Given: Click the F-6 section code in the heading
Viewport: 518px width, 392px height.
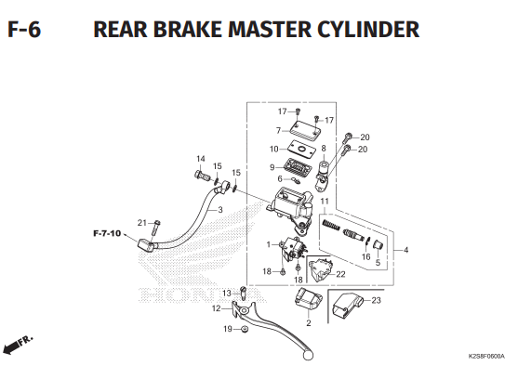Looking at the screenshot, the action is pos(24,29).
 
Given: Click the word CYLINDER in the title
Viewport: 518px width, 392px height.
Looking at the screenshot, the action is pos(368,29).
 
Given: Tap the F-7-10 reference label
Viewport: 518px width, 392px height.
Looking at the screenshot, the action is pos(107,233).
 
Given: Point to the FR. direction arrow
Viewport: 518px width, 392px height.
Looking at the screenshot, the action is pos(17,346).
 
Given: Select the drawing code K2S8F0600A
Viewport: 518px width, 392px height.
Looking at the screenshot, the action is pos(486,357).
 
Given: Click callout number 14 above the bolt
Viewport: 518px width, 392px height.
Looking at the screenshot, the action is pos(201,159).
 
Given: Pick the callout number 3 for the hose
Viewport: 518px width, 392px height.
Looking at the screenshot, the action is pos(220,210).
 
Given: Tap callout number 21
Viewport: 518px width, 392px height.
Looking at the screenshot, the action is pos(142,223).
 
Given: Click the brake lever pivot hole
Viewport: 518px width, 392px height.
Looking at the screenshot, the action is pos(245,310).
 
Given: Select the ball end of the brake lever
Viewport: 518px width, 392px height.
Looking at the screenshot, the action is pos(308,355).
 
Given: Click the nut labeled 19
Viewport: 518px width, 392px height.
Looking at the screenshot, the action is pos(245,329).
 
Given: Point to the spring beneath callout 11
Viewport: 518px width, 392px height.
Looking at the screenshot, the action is pos(331,226).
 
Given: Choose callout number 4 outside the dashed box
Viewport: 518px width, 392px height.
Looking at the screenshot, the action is pos(406,250).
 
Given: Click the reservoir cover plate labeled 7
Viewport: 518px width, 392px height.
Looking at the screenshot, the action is pos(306,128).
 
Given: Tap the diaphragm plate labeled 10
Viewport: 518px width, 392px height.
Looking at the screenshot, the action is pos(300,150).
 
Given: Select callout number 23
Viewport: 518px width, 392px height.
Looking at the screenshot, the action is pos(377,300).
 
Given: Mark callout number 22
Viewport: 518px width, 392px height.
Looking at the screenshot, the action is pos(340,274).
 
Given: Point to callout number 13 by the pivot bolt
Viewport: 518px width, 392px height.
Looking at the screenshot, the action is pos(227,293).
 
